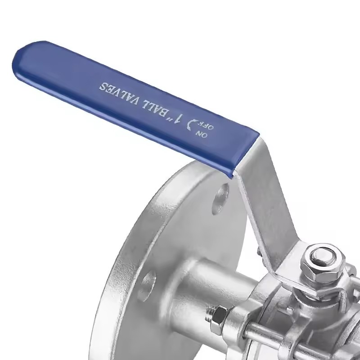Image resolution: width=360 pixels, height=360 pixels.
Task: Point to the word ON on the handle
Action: [x=202, y=134]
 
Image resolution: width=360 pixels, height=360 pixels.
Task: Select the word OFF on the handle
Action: [x=207, y=125]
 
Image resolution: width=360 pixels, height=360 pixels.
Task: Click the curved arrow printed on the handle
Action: [x=192, y=125]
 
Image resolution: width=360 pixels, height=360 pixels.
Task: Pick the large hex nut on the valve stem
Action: [x=323, y=263]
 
